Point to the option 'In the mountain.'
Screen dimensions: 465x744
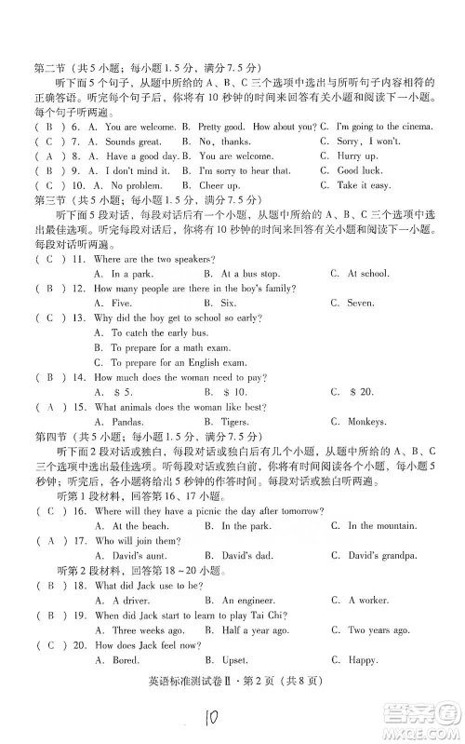click(x=382, y=526)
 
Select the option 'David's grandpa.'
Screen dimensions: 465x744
click(x=383, y=556)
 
